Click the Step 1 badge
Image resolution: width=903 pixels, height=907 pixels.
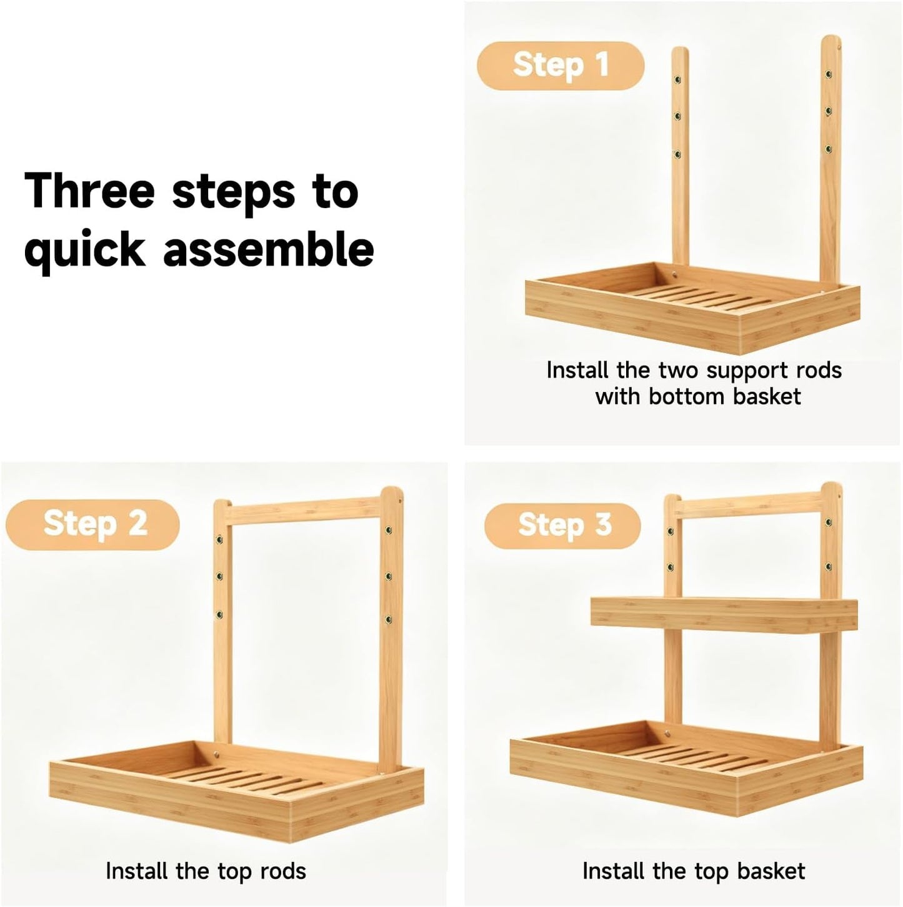(x=560, y=65)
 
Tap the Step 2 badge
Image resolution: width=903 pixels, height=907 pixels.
(x=92, y=524)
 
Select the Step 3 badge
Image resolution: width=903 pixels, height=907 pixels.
(x=562, y=525)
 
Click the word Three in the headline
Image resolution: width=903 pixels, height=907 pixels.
(x=89, y=191)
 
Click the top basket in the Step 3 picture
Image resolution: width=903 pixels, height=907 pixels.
(x=724, y=614)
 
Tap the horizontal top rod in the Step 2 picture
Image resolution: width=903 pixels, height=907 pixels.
(x=304, y=511)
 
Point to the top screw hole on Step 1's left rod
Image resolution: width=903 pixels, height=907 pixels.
(x=677, y=79)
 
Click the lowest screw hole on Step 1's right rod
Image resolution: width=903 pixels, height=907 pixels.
(x=828, y=149)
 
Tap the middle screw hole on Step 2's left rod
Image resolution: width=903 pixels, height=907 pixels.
(x=219, y=576)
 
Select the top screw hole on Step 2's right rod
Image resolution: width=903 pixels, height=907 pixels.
(x=389, y=531)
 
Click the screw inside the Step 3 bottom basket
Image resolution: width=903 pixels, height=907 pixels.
(x=667, y=733)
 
